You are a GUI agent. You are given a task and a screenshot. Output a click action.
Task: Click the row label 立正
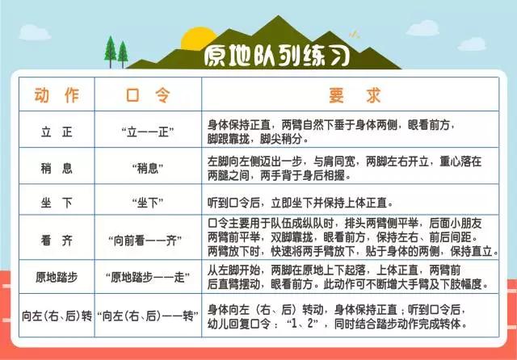57,131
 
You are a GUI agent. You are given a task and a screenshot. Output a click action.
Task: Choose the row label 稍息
57,168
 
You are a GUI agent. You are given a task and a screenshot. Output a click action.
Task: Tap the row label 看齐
57,238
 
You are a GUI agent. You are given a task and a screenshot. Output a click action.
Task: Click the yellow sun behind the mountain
196,37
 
